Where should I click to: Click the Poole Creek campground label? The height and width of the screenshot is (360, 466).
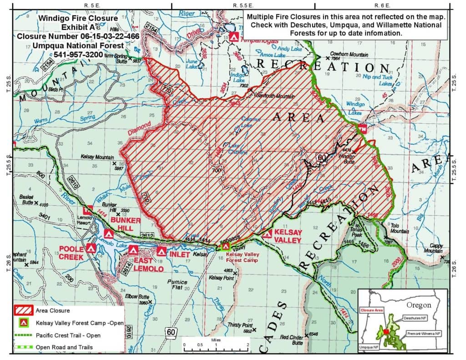click(71, 254)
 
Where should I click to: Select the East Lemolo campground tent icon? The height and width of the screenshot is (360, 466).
click(133, 250)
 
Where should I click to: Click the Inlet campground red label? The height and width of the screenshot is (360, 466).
click(179, 254)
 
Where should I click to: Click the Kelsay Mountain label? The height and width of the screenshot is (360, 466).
click(97, 157)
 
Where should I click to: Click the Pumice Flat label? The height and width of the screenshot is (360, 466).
click(177, 284)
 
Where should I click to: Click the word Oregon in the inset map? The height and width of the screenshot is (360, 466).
click(418, 305)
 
